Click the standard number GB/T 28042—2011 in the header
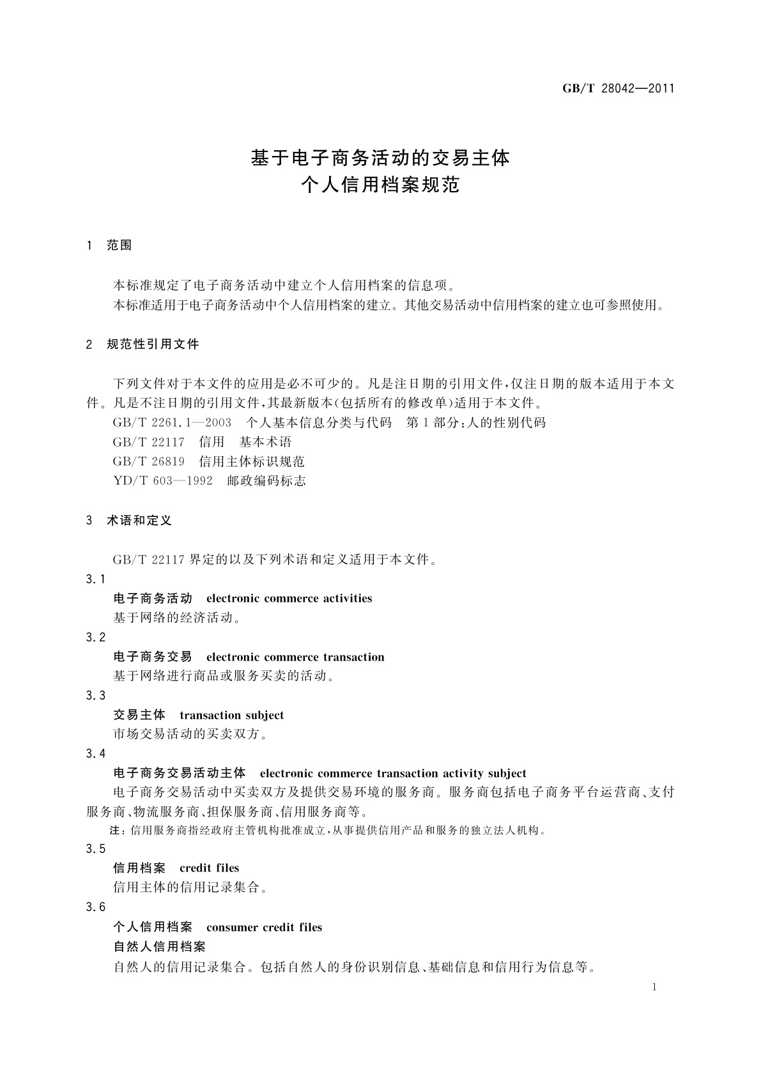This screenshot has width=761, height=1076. tap(618, 89)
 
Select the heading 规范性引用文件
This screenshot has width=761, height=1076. tap(153, 344)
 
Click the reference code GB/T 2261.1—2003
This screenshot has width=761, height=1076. tap(172, 423)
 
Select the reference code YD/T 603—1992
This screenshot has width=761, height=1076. tap(162, 481)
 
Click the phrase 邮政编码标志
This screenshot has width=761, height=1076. tap(266, 481)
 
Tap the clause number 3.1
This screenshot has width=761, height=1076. tap(95, 579)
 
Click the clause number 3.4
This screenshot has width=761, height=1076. tap(95, 754)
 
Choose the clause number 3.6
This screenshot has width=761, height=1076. tap(95, 907)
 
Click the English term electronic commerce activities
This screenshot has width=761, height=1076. tap(289, 599)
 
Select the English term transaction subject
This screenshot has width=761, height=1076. tap(231, 715)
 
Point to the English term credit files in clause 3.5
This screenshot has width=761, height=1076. tap(209, 868)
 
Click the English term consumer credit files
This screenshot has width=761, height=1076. tap(264, 927)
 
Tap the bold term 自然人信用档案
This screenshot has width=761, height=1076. tap(159, 946)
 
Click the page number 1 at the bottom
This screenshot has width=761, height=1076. tap(654, 987)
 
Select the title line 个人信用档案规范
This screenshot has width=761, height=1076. tap(380, 186)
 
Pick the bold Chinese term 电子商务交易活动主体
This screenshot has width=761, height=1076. tap(179, 774)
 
